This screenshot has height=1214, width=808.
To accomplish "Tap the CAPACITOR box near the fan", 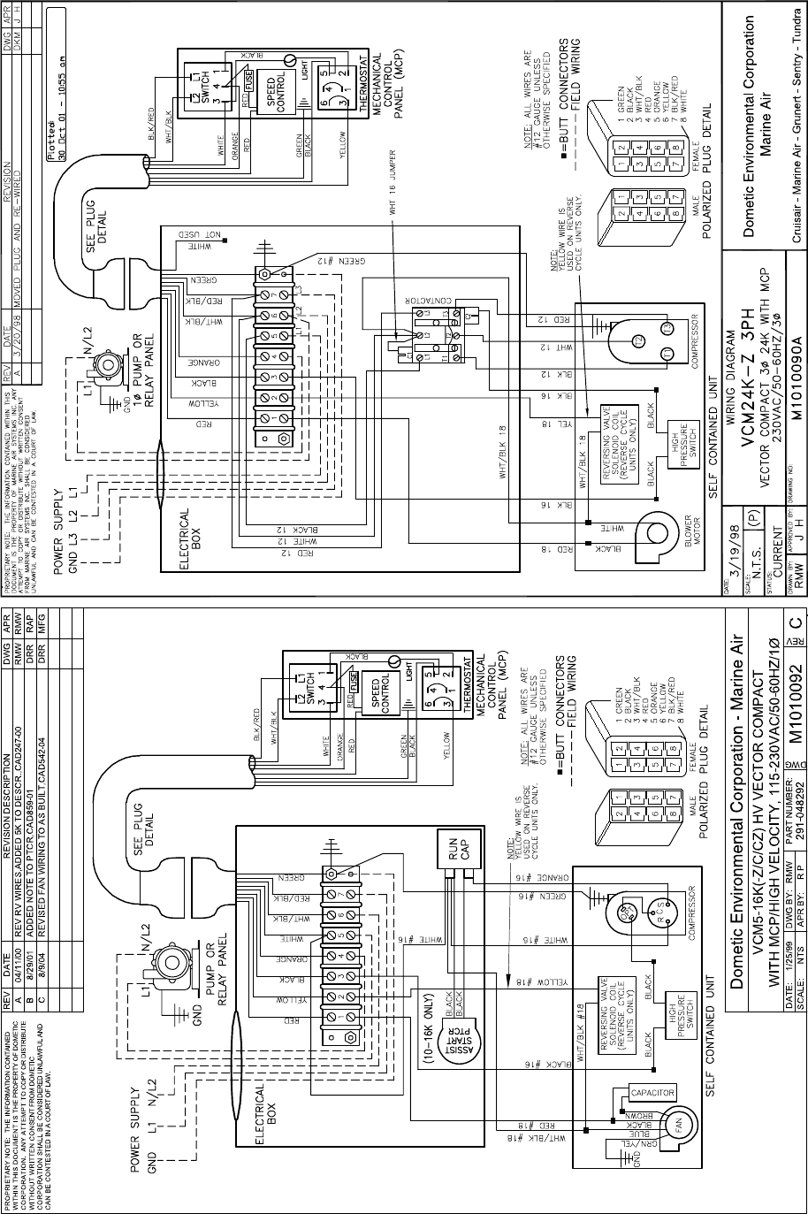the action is [x=652, y=1094].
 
